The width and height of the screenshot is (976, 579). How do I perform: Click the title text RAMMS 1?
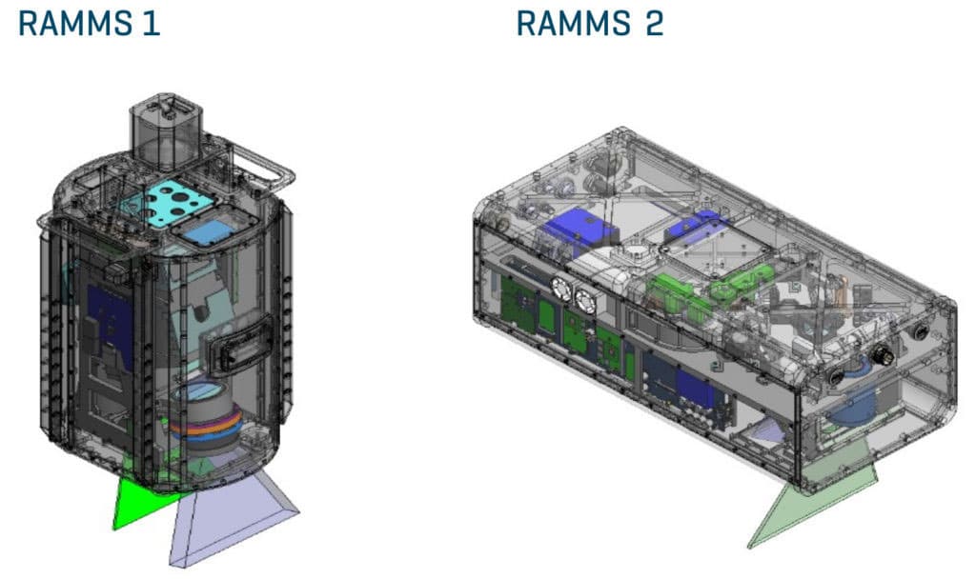click(90, 23)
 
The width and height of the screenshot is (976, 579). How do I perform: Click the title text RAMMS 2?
click(589, 23)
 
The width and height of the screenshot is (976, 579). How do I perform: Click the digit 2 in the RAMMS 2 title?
click(653, 23)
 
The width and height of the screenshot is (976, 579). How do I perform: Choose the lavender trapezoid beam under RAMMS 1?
click(229, 519)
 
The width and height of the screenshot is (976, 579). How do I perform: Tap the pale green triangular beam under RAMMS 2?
click(801, 505)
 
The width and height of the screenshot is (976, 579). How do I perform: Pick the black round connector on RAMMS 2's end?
click(879, 358)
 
